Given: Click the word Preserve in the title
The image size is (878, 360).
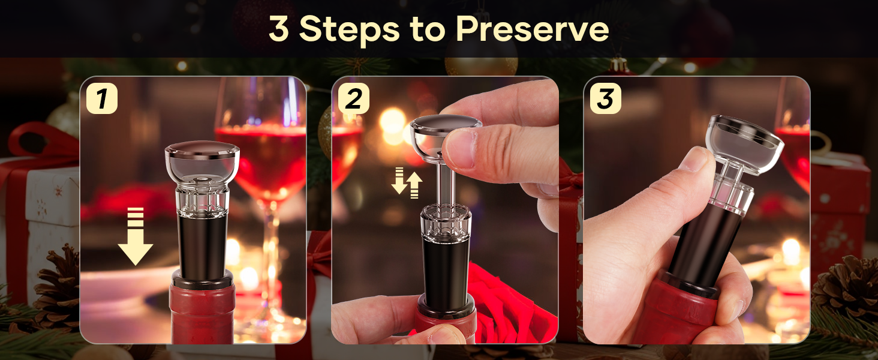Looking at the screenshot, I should pyautogui.click(x=532, y=28).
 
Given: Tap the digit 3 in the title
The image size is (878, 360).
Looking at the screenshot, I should pyautogui.click(x=279, y=28).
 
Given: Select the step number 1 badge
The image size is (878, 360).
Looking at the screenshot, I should pyautogui.click(x=102, y=98).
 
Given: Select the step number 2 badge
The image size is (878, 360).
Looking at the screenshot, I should pyautogui.click(x=353, y=98).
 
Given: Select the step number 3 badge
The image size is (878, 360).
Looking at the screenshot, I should pyautogui.click(x=605, y=98).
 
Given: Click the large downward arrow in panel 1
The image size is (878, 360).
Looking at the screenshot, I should pyautogui.click(x=136, y=236).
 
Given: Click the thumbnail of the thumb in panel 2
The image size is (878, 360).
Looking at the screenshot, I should pyautogui.click(x=461, y=145).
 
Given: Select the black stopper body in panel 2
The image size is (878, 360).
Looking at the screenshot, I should pyautogui.click(x=445, y=264).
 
